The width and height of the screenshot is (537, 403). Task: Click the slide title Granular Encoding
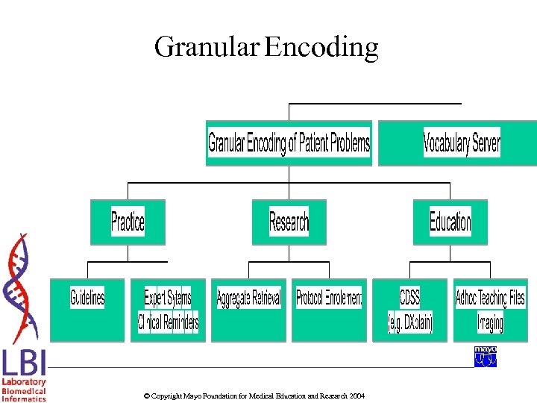coord(266,47)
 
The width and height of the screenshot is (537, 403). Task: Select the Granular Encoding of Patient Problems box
coord(289,143)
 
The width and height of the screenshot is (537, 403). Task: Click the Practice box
coord(128,222)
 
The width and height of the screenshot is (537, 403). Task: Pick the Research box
coord(289,222)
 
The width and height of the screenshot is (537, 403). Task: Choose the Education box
coord(450,222)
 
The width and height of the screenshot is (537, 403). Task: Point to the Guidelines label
coord(87,299)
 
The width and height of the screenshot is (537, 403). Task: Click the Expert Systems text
coord(168,298)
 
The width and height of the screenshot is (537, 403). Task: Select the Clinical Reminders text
coord(168,322)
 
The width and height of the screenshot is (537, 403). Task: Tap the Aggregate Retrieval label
coord(248,299)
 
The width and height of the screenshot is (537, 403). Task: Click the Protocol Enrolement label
coord(329,299)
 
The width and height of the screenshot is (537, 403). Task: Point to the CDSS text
coord(409,298)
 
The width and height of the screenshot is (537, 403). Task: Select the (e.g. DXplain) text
coord(409,323)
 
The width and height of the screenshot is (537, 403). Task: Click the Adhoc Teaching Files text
coord(490,298)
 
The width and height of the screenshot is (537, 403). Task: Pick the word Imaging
coord(490,322)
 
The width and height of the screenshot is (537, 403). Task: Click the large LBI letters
coord(24,363)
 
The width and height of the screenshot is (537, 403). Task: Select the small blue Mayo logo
coord(486,356)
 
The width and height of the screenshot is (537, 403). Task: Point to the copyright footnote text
coord(254,396)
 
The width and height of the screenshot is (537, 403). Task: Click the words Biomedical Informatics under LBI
coord(24,395)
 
